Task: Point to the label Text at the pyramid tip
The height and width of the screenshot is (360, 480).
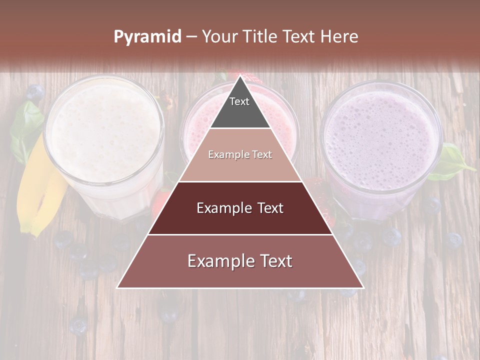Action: [x=239, y=101]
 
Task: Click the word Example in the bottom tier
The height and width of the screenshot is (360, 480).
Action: [x=219, y=261]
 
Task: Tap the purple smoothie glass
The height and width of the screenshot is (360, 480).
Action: [x=380, y=140]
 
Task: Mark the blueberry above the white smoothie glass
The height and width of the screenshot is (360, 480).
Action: [x=35, y=92]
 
